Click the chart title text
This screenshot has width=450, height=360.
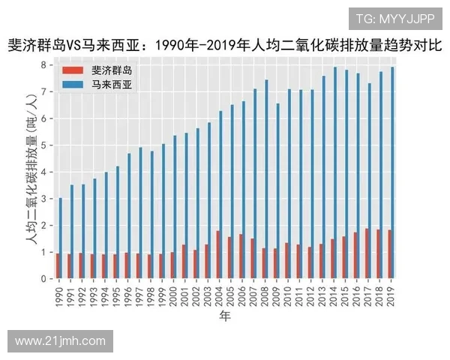point(224,44)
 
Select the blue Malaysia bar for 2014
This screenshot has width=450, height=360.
point(335,172)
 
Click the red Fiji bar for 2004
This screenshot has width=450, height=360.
point(217,255)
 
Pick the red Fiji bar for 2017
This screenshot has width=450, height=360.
point(366,254)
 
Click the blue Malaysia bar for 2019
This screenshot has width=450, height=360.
point(392,172)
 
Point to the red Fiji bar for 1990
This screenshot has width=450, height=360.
point(57,266)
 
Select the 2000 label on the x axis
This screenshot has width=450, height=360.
point(173,293)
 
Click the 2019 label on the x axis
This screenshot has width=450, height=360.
point(391,293)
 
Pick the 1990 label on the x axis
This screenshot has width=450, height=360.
point(58,293)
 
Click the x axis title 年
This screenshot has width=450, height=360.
point(224,316)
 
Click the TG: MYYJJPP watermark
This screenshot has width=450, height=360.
point(394,17)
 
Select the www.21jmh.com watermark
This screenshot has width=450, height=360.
point(60,341)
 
